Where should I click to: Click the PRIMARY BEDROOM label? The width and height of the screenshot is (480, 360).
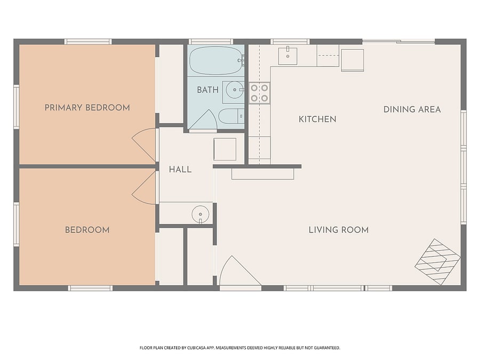[87, 108]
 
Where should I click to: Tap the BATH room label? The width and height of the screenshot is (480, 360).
[207, 90]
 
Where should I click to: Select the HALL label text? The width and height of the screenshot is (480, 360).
[180, 170]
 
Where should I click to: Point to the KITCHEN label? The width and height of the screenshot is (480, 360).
[317, 119]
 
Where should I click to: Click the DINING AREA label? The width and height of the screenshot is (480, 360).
[412, 109]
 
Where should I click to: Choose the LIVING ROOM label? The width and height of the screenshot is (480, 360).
[339, 230]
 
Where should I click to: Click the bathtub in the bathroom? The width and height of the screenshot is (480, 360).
[216, 61]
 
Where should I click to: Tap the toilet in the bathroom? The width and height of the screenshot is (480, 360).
[231, 116]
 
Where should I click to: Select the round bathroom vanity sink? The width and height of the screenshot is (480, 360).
[235, 90]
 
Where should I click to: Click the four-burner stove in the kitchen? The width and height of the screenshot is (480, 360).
[259, 93]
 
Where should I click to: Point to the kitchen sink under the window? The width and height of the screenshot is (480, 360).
[288, 56]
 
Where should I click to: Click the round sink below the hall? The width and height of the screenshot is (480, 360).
[201, 214]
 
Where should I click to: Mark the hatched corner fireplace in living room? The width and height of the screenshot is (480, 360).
[438, 262]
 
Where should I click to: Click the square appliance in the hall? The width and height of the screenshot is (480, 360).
[225, 149]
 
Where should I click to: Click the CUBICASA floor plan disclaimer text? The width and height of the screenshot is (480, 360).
[239, 348]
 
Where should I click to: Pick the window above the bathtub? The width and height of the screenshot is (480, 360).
[211, 42]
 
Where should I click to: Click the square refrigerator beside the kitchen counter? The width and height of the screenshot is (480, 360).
[353, 60]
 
